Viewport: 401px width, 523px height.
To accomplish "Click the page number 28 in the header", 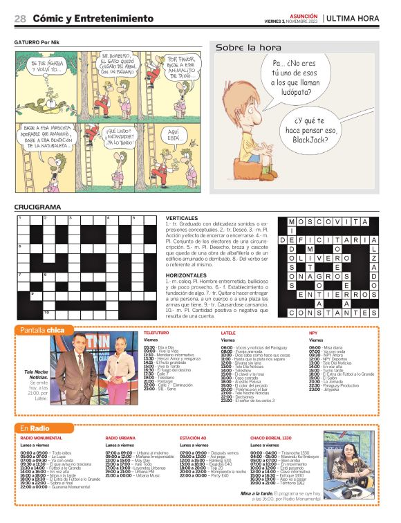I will [x=21, y=19].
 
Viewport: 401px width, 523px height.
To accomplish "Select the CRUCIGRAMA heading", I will [x=37, y=207].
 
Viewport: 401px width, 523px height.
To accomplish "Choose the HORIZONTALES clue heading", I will [x=186, y=275].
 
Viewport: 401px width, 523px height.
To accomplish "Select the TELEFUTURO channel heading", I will [x=156, y=333].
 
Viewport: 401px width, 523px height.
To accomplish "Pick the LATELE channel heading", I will [x=227, y=333].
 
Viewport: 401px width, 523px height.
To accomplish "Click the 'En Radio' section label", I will [x=35, y=430].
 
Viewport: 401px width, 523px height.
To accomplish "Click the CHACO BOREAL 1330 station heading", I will [x=274, y=439].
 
